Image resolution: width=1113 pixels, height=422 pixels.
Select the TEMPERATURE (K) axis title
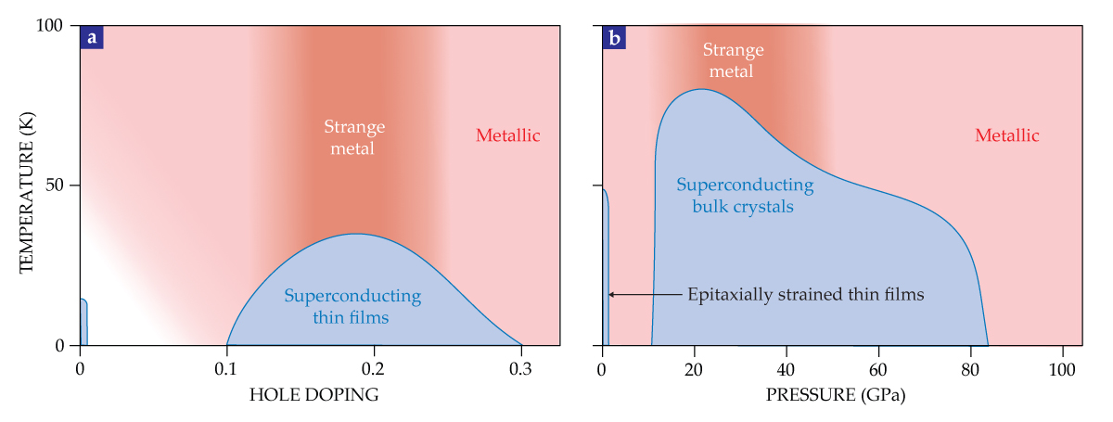25,185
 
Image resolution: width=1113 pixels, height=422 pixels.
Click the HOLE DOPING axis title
313,395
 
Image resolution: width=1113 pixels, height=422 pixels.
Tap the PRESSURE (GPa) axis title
835,395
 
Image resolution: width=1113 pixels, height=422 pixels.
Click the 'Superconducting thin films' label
352,307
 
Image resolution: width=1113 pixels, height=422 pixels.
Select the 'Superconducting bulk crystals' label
745,196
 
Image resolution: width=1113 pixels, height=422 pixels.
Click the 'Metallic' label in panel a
507,136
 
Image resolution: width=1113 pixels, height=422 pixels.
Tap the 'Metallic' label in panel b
1006,136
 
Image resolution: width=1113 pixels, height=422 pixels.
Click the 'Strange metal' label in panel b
733,60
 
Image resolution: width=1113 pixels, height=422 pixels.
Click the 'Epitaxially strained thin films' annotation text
806,295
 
